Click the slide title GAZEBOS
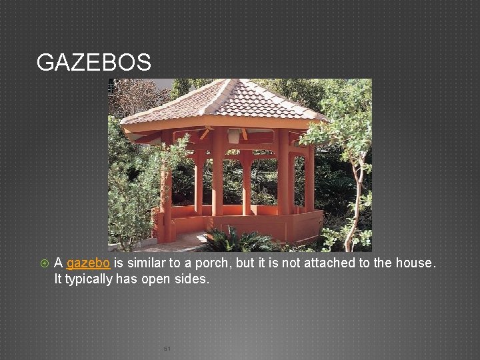tap(94, 63)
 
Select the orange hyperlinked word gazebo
tap(88, 263)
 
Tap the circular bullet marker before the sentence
tap(43, 263)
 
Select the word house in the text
tap(413, 263)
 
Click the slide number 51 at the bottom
tap(167, 349)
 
